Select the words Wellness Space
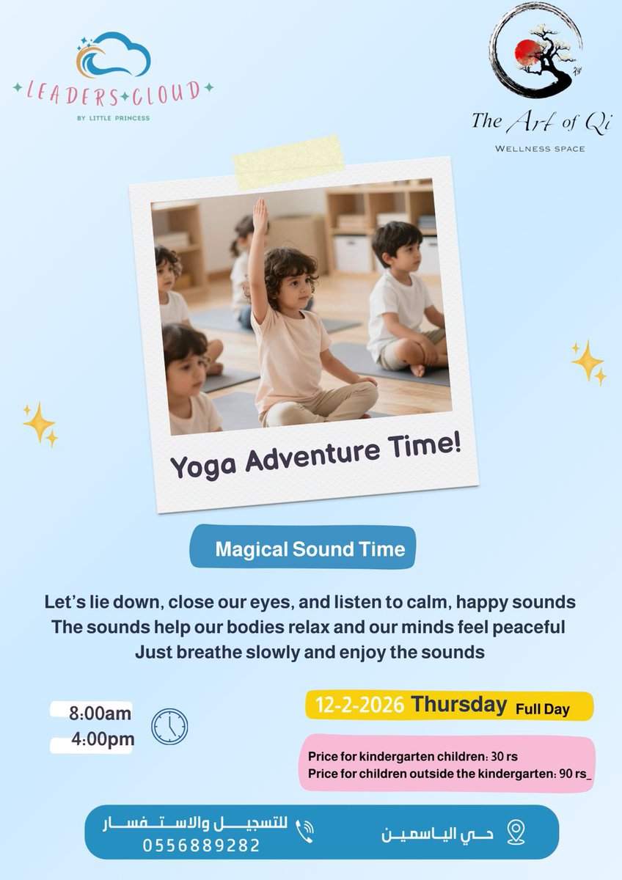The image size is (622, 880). click(x=540, y=149)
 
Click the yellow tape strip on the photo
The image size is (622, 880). click(x=288, y=162)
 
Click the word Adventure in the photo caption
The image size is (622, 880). click(x=312, y=458)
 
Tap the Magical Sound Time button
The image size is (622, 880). click(x=302, y=549)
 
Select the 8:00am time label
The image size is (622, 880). click(x=100, y=714)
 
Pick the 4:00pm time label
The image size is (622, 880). click(x=103, y=739)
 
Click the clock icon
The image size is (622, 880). click(x=169, y=727)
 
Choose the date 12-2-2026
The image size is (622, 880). click(x=359, y=705)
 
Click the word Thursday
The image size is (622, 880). click(x=459, y=704)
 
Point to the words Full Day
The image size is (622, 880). click(x=542, y=709)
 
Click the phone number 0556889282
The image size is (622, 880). click(x=201, y=846)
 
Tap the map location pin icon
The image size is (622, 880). click(x=516, y=832)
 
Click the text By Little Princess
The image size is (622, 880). click(x=114, y=118)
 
